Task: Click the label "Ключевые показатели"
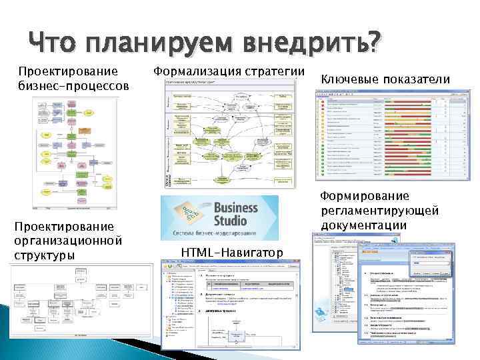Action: click(x=385, y=79)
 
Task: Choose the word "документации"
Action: click(x=363, y=225)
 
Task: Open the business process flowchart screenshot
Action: click(x=75, y=147)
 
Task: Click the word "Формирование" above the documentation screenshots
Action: click(x=365, y=196)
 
